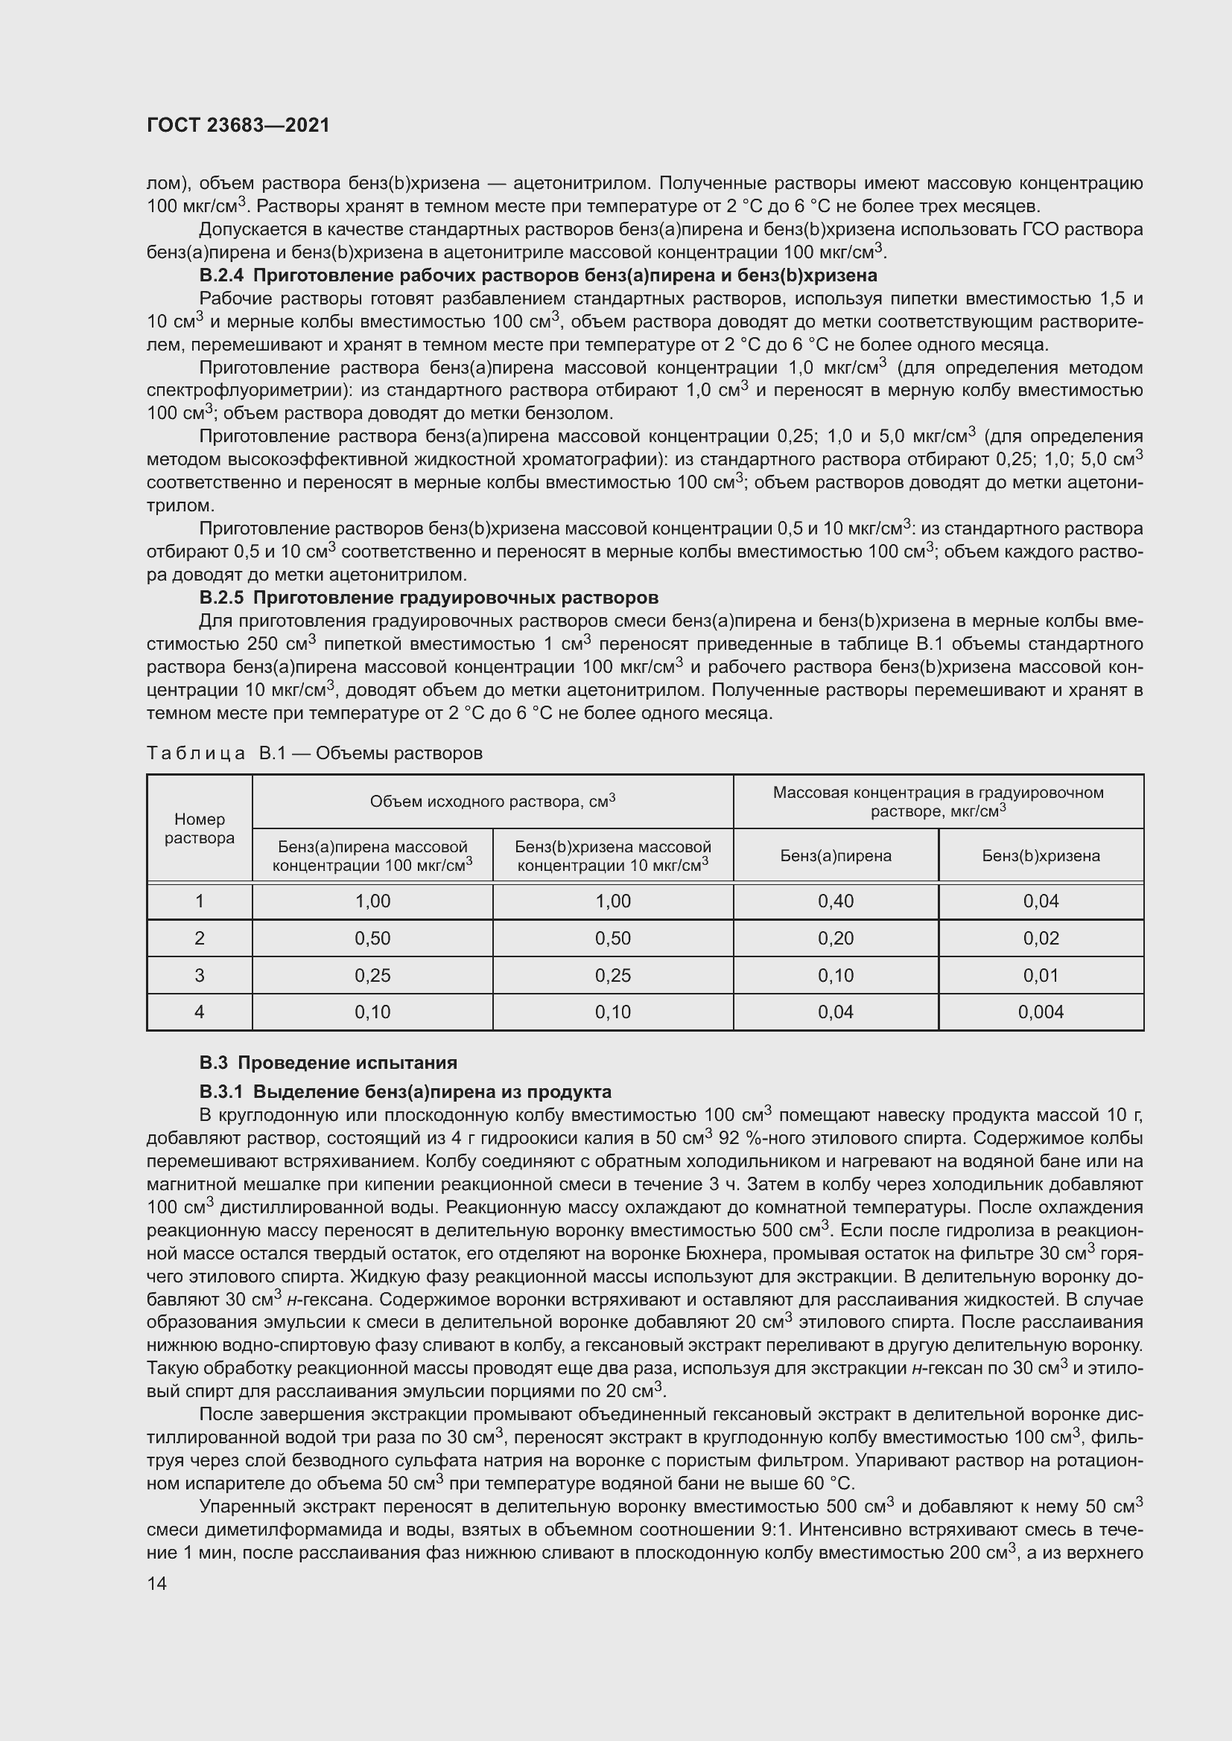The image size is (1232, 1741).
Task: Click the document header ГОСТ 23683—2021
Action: (238, 125)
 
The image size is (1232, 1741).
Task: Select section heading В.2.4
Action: (538, 275)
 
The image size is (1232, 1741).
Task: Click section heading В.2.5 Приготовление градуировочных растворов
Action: (428, 598)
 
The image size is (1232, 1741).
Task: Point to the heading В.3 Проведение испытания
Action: (328, 1062)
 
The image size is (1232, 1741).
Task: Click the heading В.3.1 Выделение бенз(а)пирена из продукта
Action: (405, 1092)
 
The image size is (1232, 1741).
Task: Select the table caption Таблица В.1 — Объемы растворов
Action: (314, 753)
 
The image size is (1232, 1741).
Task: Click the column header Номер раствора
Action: (200, 828)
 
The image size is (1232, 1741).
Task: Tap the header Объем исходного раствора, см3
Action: (492, 802)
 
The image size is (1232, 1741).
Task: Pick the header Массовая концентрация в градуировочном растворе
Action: (938, 802)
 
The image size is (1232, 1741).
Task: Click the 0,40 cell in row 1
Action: (835, 901)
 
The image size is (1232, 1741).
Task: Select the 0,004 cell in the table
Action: (1041, 1012)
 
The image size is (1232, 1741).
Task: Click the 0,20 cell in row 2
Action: (835, 938)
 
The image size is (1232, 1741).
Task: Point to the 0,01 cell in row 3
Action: (1041, 975)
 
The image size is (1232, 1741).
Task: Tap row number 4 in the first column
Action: (200, 1012)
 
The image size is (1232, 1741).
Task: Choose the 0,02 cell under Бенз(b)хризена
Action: (1041, 938)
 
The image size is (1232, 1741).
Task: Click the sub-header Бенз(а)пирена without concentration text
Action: (835, 856)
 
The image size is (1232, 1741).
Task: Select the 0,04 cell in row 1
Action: (1041, 901)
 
